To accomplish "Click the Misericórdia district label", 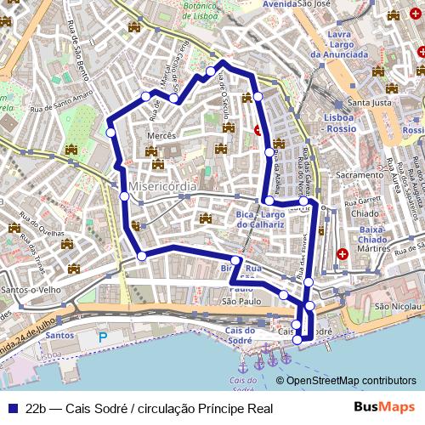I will point(162,185).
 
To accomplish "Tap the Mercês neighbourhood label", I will point(161,135).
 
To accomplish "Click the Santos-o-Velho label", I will point(31,290).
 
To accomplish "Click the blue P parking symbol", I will point(104,337).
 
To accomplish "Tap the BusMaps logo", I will point(385,408).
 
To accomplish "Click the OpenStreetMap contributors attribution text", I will point(351,381).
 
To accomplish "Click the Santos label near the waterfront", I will point(60,335).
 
